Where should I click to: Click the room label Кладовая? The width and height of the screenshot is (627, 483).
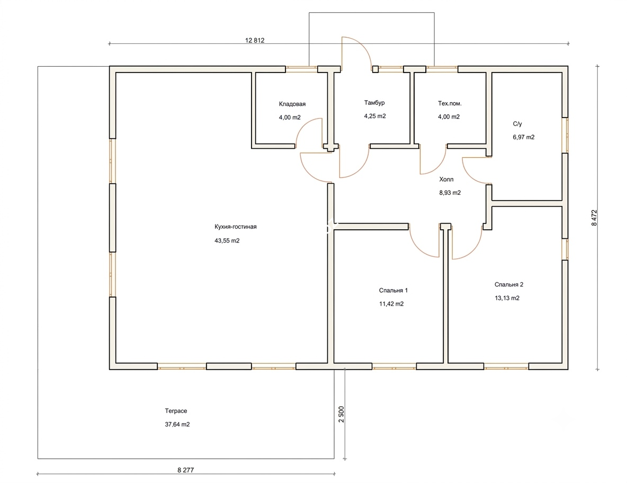[x=292, y=104]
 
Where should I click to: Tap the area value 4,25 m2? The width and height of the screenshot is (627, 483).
[x=375, y=117]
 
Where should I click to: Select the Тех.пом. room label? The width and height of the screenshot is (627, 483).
[x=450, y=104]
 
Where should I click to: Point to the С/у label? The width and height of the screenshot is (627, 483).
[x=517, y=124]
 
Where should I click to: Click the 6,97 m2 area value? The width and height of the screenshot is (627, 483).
[x=523, y=137]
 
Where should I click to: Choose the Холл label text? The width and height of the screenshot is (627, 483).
[x=446, y=180]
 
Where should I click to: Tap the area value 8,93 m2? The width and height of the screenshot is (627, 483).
[x=450, y=193]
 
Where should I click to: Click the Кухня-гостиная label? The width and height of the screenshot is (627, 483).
[x=236, y=227]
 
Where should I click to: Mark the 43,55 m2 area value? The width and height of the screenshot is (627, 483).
[x=227, y=240]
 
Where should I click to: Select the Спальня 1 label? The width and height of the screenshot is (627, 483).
[x=393, y=291]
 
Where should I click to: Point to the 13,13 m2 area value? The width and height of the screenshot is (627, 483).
[x=507, y=298]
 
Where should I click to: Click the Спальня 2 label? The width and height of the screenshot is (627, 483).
[x=508, y=285]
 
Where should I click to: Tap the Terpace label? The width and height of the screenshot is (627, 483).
[x=176, y=411]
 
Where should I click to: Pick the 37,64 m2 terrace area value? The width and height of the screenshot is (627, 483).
[x=177, y=425]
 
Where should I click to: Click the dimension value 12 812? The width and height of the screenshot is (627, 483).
[x=255, y=40]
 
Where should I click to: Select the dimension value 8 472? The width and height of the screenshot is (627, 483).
[x=594, y=218]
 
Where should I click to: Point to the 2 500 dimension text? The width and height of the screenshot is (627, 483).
[x=341, y=415]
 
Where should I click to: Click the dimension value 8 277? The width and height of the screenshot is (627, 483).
[x=185, y=470]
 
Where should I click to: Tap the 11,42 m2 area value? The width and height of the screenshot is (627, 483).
[x=391, y=304]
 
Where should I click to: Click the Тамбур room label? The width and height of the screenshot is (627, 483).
[x=374, y=103]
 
